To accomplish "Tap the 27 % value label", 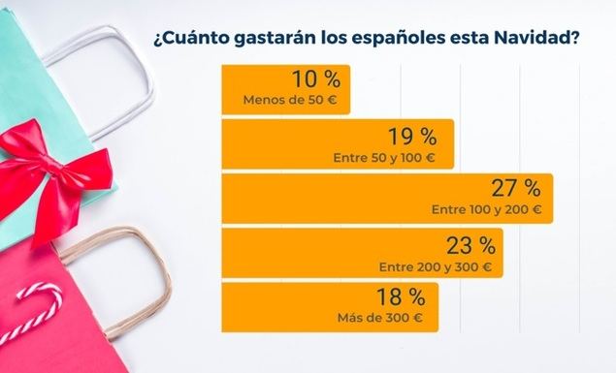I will [516, 188].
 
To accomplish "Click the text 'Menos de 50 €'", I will [290, 99].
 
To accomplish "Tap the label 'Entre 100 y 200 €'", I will [486, 208].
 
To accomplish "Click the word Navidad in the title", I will [535, 40].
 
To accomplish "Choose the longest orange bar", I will [387, 198].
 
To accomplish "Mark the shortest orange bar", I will [285, 88].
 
